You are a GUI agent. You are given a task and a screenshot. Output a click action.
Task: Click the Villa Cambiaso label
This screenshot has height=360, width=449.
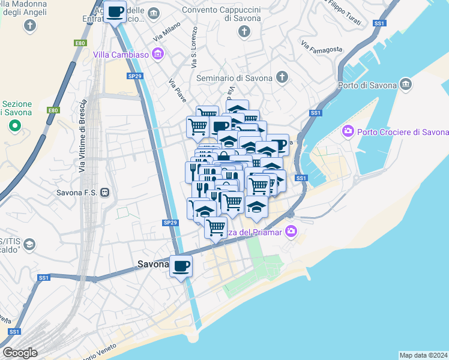pyautogui.click(x=121, y=55)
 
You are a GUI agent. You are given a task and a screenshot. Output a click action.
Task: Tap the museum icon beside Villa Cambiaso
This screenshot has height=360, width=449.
pyautogui.click(x=158, y=55)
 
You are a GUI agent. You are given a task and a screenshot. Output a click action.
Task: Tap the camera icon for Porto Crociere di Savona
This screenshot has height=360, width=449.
pyautogui.click(x=347, y=131)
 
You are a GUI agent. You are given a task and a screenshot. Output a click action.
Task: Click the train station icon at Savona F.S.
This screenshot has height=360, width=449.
pyautogui.click(x=105, y=193)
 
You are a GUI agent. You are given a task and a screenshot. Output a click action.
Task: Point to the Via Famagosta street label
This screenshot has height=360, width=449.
pyautogui.click(x=322, y=47)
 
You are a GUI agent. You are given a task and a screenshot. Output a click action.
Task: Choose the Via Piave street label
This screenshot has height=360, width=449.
pyautogui.click(x=178, y=91)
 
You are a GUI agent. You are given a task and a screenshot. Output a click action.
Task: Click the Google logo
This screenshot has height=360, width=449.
pyautogui.click(x=20, y=352)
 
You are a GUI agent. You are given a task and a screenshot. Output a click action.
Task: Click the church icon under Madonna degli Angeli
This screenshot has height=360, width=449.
pyautogui.click(x=29, y=25)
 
